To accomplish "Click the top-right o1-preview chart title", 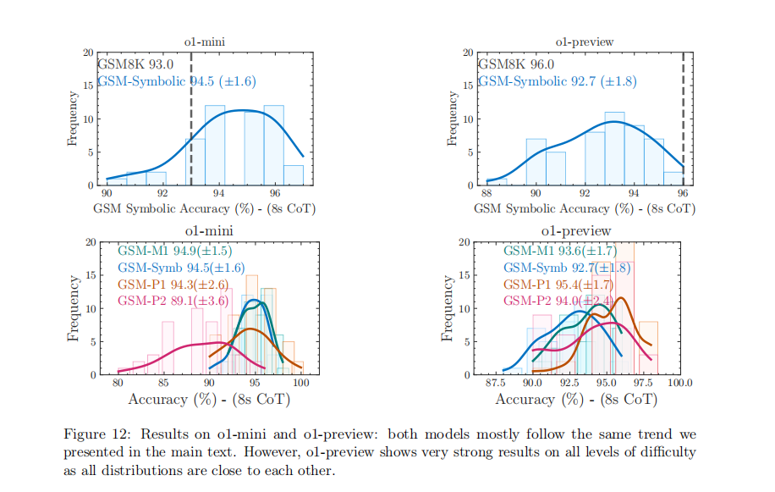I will [584, 41].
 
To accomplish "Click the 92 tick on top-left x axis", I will [162, 194].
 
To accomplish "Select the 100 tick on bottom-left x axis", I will [300, 383].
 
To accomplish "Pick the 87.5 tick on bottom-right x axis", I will [495, 383].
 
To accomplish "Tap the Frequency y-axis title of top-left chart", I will [74, 119].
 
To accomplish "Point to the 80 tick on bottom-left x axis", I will [117, 383].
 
